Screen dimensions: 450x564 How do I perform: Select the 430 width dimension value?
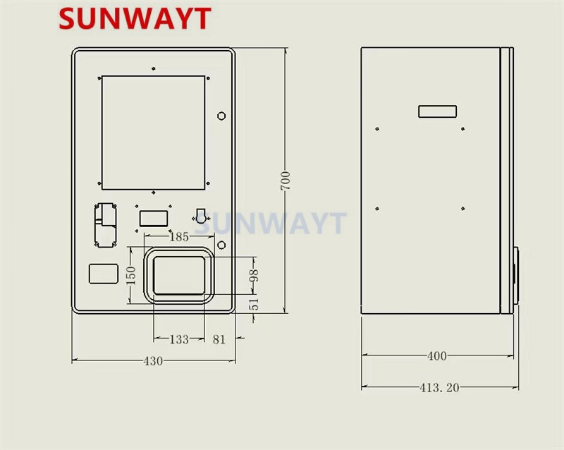[x=153, y=360]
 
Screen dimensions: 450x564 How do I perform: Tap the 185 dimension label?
[x=179, y=237]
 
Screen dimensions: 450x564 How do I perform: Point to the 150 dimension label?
[x=130, y=274]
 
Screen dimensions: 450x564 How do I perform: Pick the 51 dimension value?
[x=254, y=303]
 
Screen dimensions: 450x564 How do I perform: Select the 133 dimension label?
[x=179, y=339]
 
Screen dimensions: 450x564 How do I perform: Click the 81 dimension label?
[x=219, y=339]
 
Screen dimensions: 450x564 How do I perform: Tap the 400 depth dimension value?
[x=437, y=356]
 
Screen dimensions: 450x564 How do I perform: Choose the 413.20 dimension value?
[x=439, y=387]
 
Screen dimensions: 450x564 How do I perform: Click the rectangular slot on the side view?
[x=437, y=111]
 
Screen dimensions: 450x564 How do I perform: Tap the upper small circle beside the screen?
[x=221, y=116]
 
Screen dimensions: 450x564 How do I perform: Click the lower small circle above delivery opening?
[x=221, y=245]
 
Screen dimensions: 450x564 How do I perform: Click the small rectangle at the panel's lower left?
[x=103, y=273]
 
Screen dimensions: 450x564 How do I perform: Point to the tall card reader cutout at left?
[x=106, y=224]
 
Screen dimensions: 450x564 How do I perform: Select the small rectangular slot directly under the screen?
[x=152, y=218]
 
